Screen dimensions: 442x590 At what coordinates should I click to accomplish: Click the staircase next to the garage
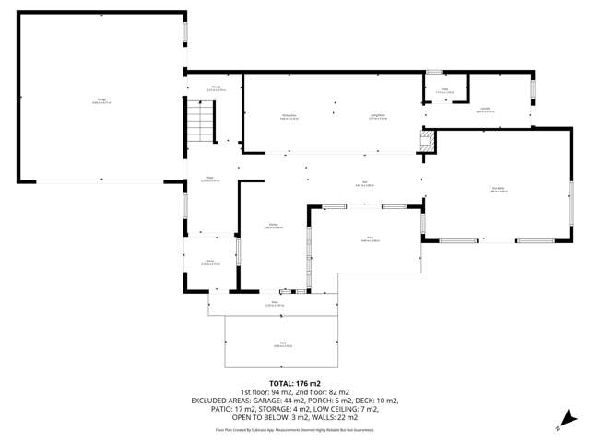(x=200, y=122)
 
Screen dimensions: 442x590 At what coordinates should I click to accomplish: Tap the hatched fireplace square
(x=426, y=140)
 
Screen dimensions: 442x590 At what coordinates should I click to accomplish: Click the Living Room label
(x=378, y=116)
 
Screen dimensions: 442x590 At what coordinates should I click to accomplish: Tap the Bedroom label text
(x=499, y=190)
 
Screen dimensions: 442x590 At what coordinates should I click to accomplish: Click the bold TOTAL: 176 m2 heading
(x=294, y=382)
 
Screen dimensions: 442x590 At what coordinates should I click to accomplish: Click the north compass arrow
(x=559, y=426)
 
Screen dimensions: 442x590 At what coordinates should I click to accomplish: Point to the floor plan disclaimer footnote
(x=294, y=430)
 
